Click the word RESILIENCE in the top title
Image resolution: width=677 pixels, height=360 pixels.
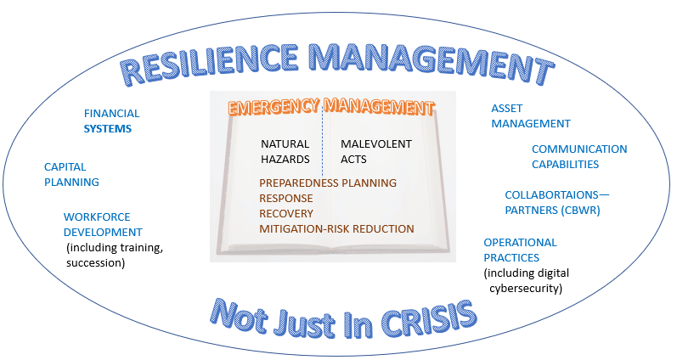coord(209,65)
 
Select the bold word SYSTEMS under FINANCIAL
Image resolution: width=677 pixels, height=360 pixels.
coord(108,129)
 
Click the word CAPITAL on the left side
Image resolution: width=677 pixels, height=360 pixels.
coord(65,166)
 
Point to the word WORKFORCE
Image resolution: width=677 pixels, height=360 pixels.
coord(97,217)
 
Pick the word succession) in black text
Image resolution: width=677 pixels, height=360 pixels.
coord(95,263)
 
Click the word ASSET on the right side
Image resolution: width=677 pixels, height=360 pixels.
coord(507,109)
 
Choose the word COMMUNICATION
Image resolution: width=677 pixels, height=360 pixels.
coord(579,149)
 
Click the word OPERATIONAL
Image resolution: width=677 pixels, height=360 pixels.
coord(520,243)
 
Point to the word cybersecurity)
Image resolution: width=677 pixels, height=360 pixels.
coord(526,289)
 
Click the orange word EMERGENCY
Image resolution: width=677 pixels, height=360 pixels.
coord(274,107)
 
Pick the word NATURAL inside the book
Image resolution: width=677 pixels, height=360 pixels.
coord(285,143)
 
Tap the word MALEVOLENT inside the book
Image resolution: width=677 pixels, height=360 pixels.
coord(376,143)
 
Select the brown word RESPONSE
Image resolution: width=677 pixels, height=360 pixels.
coord(285,198)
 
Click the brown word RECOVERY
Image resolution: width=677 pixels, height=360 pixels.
coord(285,214)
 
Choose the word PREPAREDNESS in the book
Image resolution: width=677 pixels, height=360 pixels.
coord(299,183)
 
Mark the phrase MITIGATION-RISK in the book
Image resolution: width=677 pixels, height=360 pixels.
coord(307,228)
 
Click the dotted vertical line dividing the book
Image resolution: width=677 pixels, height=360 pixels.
coord(323,138)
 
